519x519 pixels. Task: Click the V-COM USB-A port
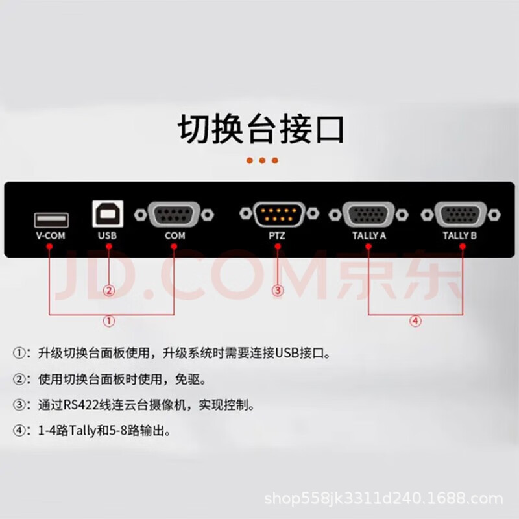[51, 220]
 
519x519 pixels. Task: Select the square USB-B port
[108, 214]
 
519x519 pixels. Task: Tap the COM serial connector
[174, 215]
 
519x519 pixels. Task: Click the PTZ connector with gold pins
[279, 215]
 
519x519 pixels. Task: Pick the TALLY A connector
[368, 215]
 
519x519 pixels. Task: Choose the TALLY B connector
[461, 215]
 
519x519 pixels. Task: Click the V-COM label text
[51, 235]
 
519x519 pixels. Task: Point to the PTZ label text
[277, 235]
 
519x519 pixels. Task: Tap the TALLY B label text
[460, 235]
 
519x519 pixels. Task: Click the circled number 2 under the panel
[109, 291]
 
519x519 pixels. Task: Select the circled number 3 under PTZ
[278, 291]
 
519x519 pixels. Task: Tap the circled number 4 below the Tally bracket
[415, 320]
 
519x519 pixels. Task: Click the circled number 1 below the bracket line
[109, 320]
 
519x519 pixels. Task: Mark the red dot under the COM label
[174, 247]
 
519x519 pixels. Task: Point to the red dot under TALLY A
[368, 247]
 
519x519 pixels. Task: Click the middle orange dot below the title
[262, 160]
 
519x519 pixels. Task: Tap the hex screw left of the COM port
[140, 215]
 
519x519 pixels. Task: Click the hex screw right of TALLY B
[494, 215]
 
